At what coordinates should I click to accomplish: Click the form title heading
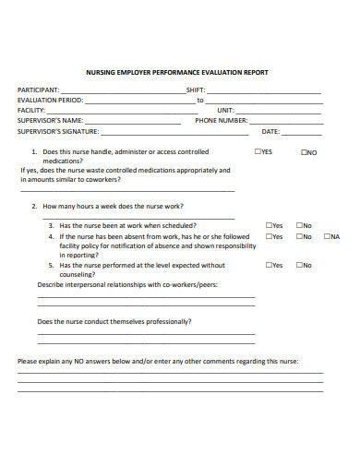[177, 72]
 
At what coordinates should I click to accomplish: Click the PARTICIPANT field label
[38, 90]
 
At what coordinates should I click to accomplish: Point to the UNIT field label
[225, 110]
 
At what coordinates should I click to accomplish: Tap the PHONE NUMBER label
[222, 120]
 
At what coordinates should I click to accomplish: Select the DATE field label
[270, 130]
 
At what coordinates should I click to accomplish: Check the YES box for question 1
[258, 152]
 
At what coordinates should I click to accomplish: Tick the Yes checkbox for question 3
[269, 225]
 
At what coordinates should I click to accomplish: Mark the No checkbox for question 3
[299, 225]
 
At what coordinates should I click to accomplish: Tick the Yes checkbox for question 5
[269, 265]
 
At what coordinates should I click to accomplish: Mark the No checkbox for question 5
[299, 265]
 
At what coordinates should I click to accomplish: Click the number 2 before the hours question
[33, 206]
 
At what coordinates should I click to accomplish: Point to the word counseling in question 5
[78, 274]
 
